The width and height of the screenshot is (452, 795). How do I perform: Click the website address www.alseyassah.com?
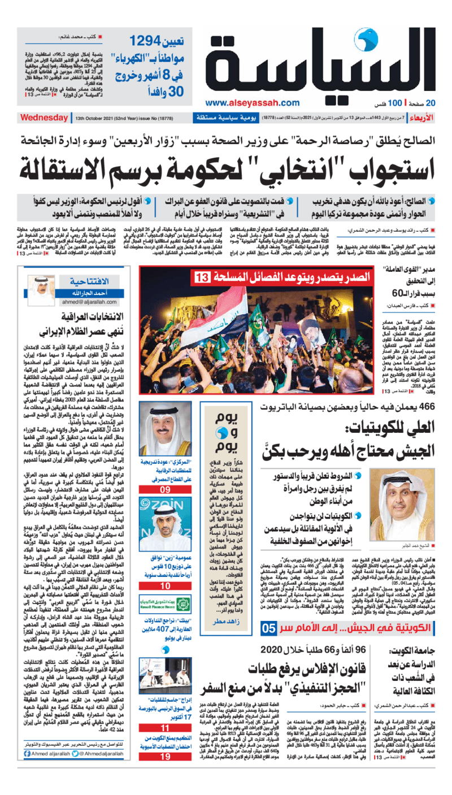tap(252, 102)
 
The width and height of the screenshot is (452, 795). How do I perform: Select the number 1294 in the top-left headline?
tap(149, 41)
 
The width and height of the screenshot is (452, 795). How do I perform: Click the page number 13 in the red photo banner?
tap(201, 277)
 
